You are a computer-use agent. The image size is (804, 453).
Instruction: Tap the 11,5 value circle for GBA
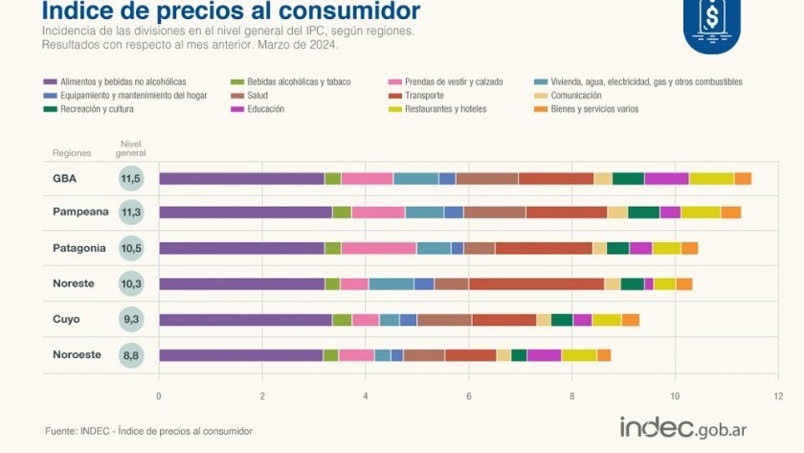pyautogui.click(x=131, y=178)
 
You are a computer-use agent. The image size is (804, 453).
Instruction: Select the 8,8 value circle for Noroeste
pyautogui.click(x=131, y=355)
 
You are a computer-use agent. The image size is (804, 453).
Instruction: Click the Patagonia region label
pyautogui.click(x=78, y=248)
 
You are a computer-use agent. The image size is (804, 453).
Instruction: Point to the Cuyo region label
pyautogui.click(x=66, y=319)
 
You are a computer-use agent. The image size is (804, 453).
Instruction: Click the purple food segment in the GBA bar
pyautogui.click(x=241, y=178)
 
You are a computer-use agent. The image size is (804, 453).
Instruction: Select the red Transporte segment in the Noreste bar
pyautogui.click(x=536, y=283)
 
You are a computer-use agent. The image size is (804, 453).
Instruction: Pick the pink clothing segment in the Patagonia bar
pyautogui.click(x=378, y=248)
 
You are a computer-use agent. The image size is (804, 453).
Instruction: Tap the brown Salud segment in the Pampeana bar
pyautogui.click(x=494, y=213)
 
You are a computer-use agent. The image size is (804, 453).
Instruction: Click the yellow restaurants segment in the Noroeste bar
pyautogui.click(x=578, y=355)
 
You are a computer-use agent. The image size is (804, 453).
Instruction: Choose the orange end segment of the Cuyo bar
pyautogui.click(x=630, y=320)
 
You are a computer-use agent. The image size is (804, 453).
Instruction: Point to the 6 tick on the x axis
pyautogui.click(x=468, y=395)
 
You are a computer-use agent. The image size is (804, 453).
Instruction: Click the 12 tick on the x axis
pyautogui.click(x=778, y=395)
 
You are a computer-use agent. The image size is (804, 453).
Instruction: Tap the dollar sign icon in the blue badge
pyautogui.click(x=711, y=17)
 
